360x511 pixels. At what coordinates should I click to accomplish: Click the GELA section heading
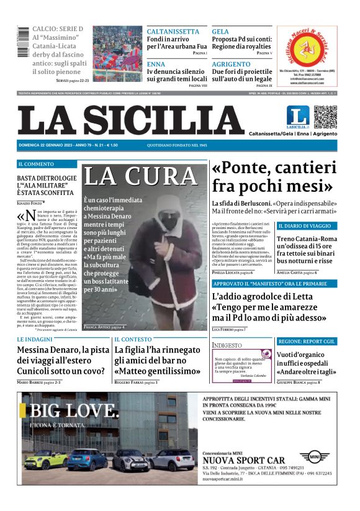tap(220, 31)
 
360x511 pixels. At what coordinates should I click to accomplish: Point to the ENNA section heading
tap(156, 64)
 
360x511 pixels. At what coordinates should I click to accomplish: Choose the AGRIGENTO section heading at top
tap(231, 64)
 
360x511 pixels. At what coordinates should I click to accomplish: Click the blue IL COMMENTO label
tap(36, 164)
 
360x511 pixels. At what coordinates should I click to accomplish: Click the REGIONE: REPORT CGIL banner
tap(307, 341)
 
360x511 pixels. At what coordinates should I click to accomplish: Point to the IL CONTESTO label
tap(133, 340)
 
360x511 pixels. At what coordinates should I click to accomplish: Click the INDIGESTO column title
tap(227, 345)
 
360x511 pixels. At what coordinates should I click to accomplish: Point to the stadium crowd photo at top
tap(117, 48)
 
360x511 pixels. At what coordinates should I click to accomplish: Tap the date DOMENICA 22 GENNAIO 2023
tap(47, 145)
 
